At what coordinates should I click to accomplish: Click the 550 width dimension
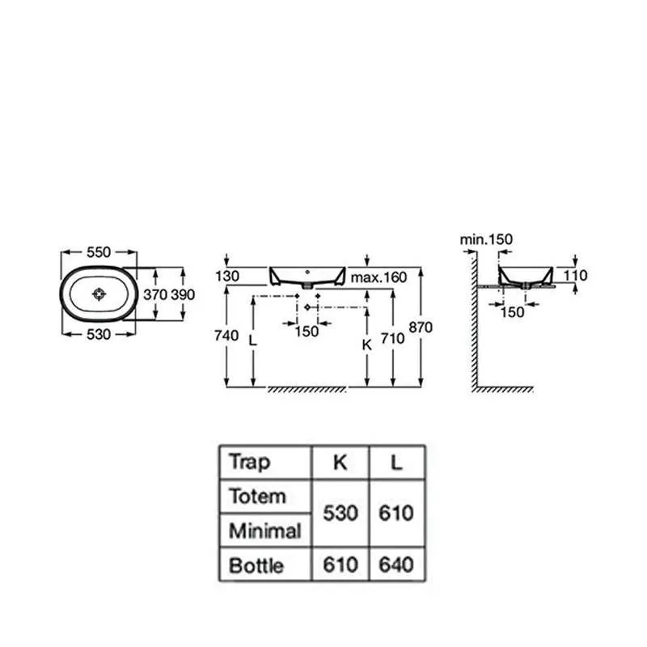(99, 252)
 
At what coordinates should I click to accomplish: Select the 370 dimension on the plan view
(155, 294)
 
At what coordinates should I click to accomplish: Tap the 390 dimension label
(183, 294)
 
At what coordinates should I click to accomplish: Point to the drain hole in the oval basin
(99, 294)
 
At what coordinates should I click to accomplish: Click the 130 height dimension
(227, 276)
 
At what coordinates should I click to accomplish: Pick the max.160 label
(378, 277)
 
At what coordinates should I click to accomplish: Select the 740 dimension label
(226, 336)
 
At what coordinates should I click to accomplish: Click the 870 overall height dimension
(421, 328)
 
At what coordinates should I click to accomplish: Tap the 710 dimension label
(392, 338)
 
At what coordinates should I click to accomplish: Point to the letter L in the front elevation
(253, 340)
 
